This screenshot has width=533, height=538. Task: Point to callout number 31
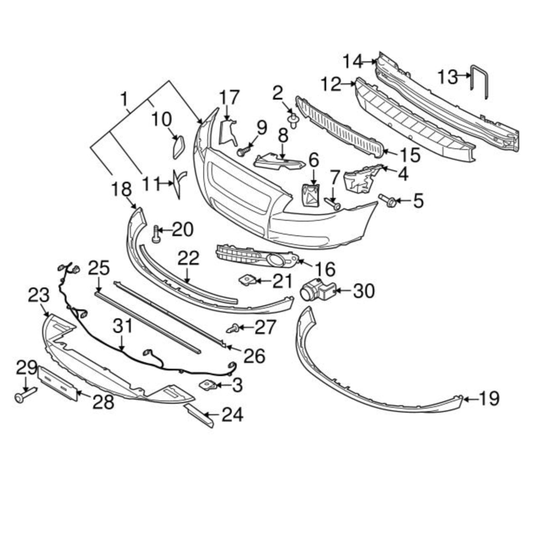click(x=122, y=326)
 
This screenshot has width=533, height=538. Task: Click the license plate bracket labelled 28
click(x=58, y=383)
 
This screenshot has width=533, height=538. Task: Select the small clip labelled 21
click(x=246, y=280)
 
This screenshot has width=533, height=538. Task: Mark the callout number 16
click(x=324, y=269)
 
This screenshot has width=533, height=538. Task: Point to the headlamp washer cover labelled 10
click(x=178, y=146)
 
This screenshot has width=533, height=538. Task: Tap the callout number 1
click(x=123, y=100)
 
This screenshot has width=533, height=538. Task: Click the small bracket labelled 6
click(x=310, y=195)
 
